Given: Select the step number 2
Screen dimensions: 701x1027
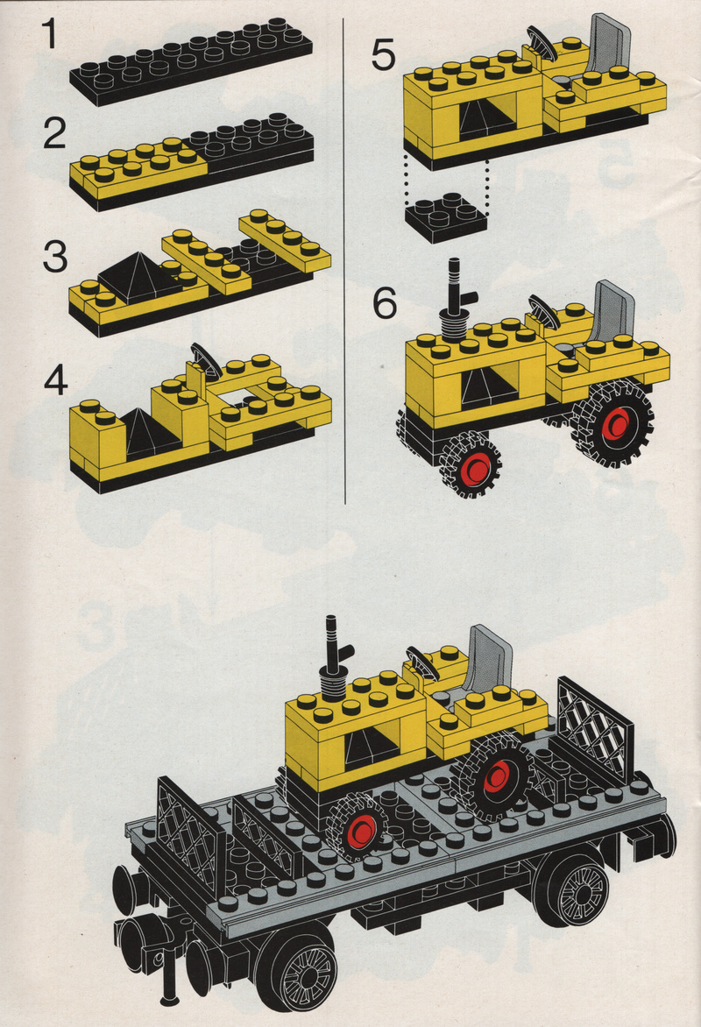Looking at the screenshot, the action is click(54, 134).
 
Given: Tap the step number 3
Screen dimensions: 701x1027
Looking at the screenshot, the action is click(54, 257).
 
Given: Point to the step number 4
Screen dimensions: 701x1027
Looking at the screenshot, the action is click(56, 380).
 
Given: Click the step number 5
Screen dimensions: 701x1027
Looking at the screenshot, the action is click(383, 55).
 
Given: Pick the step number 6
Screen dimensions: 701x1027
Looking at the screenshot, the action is click(385, 303).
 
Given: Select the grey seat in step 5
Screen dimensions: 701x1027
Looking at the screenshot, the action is click(607, 45).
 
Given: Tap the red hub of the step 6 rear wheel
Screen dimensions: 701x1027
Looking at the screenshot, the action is click(617, 424).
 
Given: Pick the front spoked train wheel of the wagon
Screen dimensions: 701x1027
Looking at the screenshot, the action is click(303, 971).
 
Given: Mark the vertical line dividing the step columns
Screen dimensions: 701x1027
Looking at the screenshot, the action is click(344, 261).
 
